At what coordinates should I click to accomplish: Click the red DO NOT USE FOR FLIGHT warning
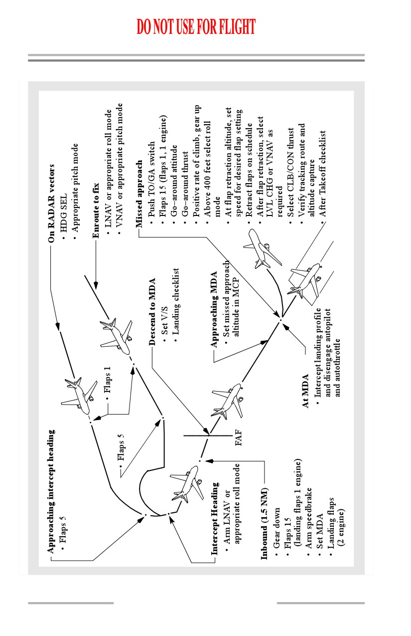click(x=196, y=26)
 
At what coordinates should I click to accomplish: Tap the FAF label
click(x=239, y=437)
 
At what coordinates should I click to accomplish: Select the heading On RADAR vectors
click(x=51, y=204)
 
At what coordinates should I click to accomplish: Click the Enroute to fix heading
click(x=96, y=211)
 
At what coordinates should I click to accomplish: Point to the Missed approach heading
click(x=138, y=194)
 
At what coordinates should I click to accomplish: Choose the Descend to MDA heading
click(x=152, y=311)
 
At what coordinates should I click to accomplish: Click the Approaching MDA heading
click(x=214, y=309)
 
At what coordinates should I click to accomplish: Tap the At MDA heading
click(x=305, y=391)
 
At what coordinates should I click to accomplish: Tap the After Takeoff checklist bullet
click(x=322, y=174)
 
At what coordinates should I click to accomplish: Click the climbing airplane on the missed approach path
click(x=263, y=250)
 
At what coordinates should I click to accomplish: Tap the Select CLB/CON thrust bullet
click(x=291, y=173)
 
